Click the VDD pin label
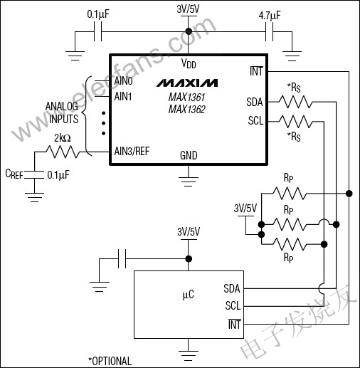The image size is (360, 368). coord(189,63)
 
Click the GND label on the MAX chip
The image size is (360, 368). coord(189,155)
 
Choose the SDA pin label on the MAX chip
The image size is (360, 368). coord(255,102)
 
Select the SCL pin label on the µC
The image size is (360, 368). coord(232,305)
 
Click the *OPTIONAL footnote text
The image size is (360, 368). coord(110,360)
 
